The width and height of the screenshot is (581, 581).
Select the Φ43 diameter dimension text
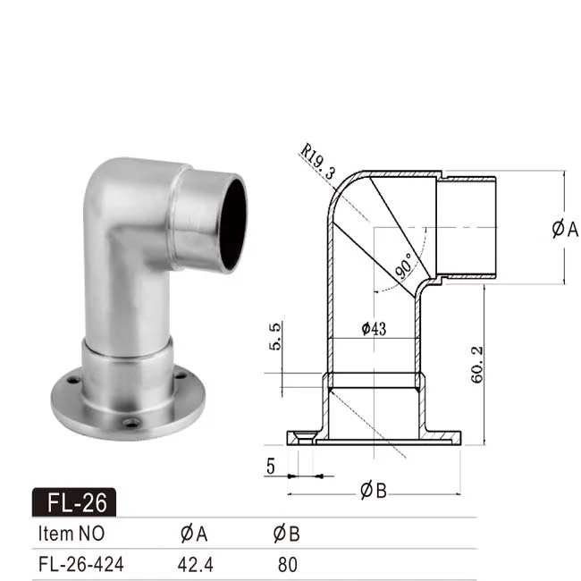point(374,329)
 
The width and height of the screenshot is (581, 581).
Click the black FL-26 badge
point(73,502)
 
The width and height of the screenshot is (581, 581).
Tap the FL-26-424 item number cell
point(80,565)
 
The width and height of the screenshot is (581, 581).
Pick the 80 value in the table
point(286,565)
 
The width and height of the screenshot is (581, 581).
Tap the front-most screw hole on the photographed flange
point(132,422)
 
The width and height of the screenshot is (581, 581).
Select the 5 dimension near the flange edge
point(269,466)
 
